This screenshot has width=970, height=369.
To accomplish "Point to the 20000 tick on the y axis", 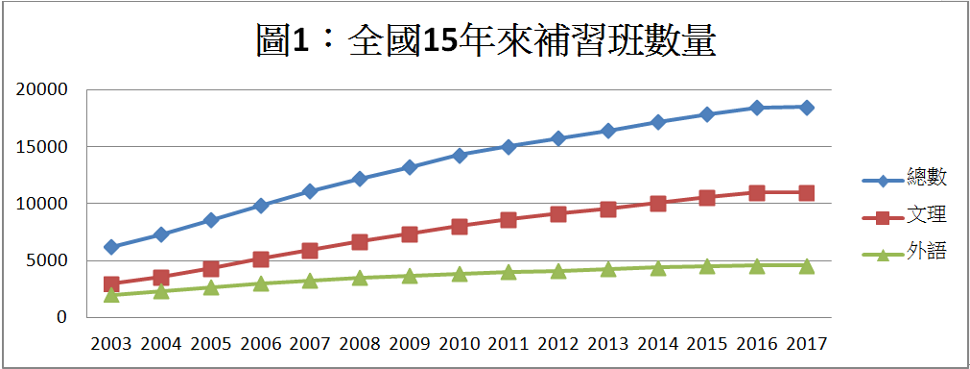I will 42,89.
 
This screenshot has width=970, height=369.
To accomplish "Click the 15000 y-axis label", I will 42,146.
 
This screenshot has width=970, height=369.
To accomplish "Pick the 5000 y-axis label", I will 47,259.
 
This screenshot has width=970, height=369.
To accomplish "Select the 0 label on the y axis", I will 61,316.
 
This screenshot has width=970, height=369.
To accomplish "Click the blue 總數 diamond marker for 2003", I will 111,247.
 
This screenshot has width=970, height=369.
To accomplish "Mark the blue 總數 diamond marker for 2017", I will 806,108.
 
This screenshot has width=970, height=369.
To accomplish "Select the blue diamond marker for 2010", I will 459,155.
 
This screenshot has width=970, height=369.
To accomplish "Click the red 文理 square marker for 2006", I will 260,258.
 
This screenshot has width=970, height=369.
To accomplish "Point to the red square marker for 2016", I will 756,192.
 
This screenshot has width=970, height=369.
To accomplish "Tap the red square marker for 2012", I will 557,213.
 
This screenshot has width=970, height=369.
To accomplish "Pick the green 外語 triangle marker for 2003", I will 111,294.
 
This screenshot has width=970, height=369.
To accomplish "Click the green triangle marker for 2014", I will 657,267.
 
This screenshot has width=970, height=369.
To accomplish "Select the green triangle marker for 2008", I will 359,278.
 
